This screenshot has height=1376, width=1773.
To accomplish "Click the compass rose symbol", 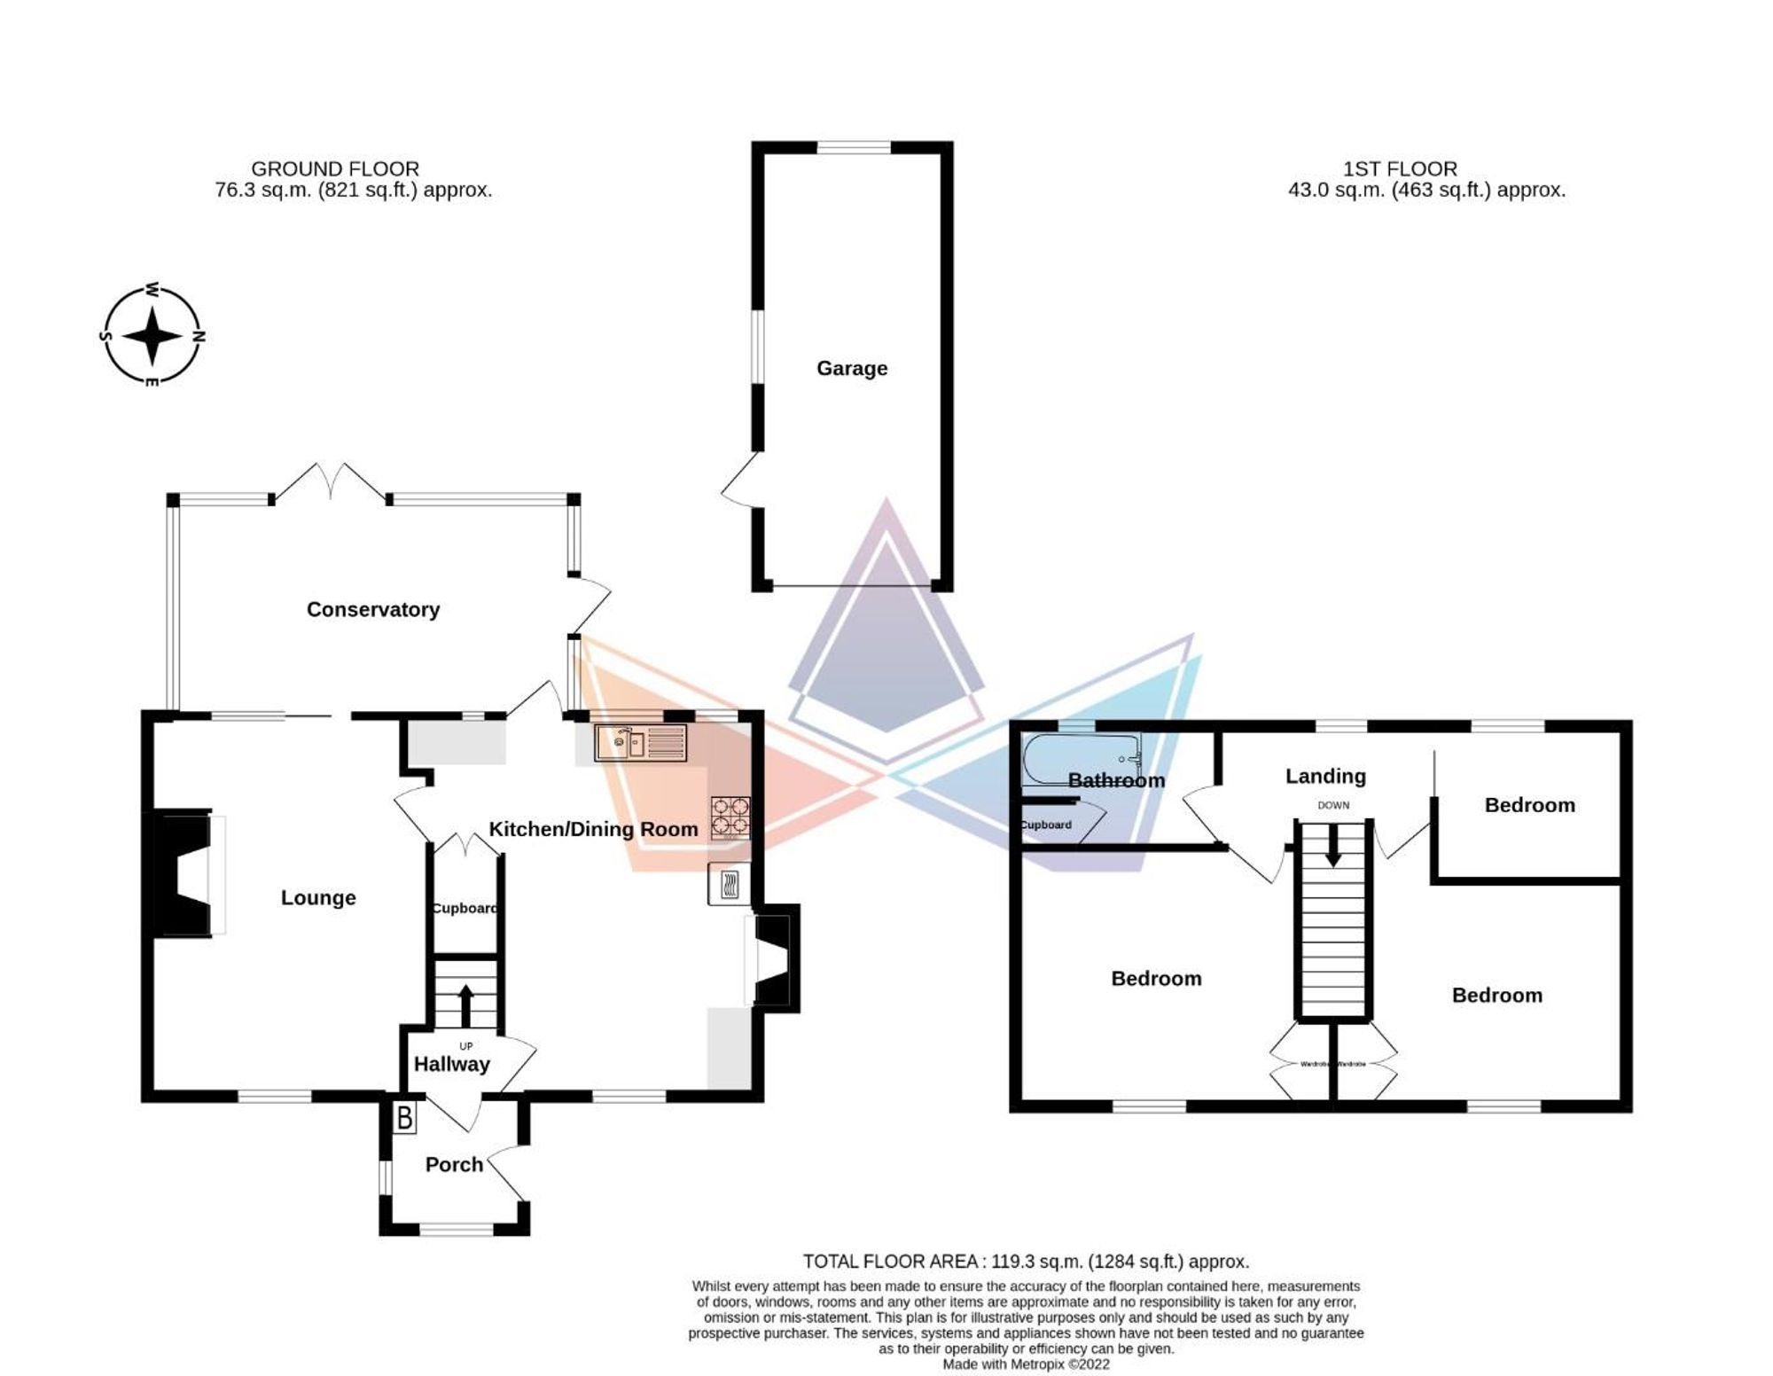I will tap(152, 336).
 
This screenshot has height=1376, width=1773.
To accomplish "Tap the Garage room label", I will tap(851, 368).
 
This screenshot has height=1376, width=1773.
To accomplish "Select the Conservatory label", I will tap(372, 609).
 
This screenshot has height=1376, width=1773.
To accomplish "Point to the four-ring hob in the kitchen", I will tap(730, 817).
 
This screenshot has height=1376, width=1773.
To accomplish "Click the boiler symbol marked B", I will tap(404, 1118).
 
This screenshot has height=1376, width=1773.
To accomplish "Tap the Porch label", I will tap(454, 1164).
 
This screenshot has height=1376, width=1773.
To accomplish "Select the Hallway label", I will tap(451, 1064).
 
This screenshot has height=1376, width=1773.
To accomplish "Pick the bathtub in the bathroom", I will tap(1081, 760).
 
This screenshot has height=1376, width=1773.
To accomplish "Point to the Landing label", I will tap(1325, 776).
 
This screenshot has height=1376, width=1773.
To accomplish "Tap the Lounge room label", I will tap(318, 897).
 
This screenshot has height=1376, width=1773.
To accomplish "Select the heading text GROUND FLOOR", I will tap(335, 168).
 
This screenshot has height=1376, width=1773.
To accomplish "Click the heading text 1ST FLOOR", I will tap(1400, 168).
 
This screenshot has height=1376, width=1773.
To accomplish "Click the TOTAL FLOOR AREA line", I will tap(1026, 1261).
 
